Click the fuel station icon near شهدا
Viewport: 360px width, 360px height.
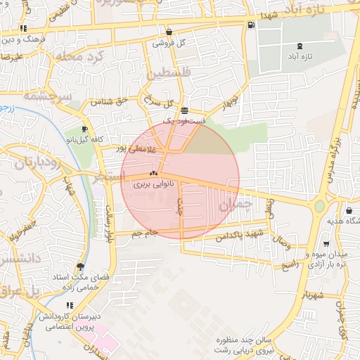[252, 25]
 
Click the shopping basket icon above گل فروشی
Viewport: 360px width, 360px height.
[169, 32]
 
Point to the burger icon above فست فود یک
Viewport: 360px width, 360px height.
[184, 110]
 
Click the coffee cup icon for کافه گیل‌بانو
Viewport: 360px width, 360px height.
[85, 129]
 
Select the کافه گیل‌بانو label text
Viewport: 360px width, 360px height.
[85, 140]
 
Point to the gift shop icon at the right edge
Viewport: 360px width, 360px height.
[349, 210]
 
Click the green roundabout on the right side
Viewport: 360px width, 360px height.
[320, 207]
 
